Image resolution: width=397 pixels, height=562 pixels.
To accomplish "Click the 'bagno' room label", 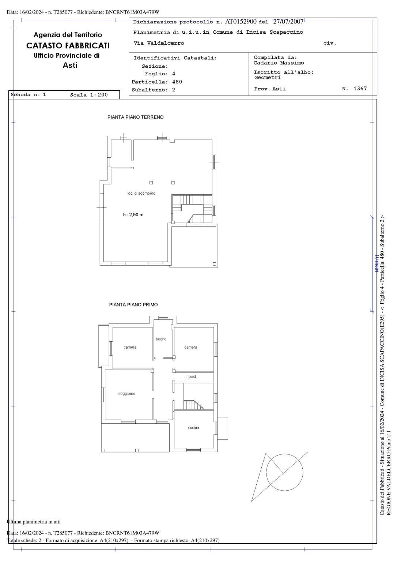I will point(161,339).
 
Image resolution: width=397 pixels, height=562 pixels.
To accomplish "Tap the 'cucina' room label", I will point(193,428).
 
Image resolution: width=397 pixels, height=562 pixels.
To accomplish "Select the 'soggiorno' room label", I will point(127,394).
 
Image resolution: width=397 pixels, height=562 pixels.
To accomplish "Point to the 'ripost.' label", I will point(192,376).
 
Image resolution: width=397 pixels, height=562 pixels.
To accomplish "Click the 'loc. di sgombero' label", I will point(141,193).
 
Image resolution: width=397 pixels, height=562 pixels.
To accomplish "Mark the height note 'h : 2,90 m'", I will point(133,215).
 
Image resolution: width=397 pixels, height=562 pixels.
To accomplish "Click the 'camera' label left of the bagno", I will point(130,347).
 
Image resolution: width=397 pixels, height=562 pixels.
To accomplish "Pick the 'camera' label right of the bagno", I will point(190,347).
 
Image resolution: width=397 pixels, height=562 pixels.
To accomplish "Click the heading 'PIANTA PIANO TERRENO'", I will point(135,117).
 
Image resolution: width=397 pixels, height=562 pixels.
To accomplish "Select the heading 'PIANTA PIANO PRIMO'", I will point(133,304).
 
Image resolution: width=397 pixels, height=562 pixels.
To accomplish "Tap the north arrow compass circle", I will point(284,472).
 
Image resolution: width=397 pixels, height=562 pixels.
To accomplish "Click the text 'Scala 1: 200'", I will point(89,95).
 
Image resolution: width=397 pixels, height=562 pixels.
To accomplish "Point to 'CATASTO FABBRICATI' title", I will point(68,46).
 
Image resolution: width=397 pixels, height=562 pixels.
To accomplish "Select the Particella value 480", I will point(177,82).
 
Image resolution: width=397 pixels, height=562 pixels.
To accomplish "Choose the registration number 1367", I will point(360,89).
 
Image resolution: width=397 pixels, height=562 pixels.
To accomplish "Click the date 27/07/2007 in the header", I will point(288,22).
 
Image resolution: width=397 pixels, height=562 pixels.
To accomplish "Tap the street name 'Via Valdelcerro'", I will point(159,43).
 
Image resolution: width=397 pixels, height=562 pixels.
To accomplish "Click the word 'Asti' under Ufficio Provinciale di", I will point(70,65).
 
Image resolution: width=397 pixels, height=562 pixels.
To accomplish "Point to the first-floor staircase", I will point(193,405).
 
